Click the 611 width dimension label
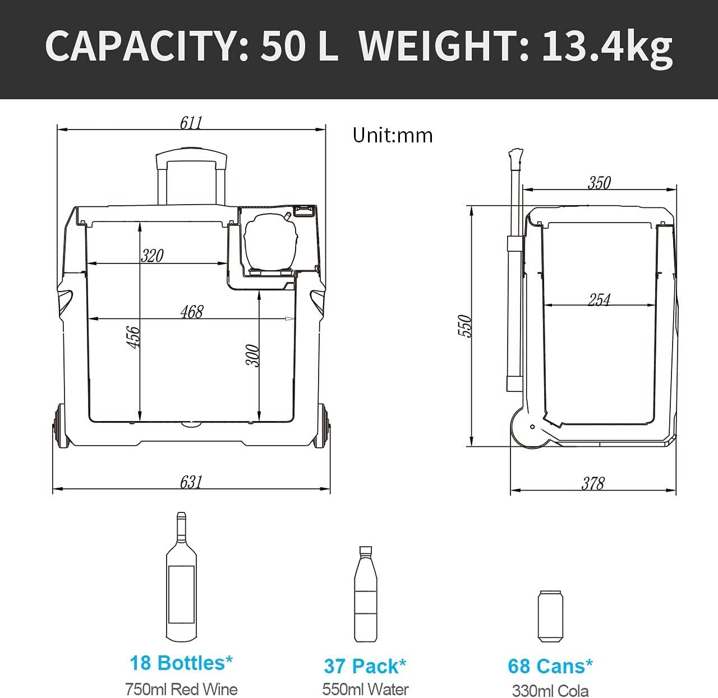(191, 122)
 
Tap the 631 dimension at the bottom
(191, 482)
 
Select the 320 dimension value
(152, 256)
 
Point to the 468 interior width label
(192, 312)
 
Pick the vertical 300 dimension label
(253, 355)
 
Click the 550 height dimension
(465, 326)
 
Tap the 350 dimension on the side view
(599, 183)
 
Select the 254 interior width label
(599, 299)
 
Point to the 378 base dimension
(593, 483)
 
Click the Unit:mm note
(393, 135)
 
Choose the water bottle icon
(365, 594)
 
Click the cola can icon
(550, 616)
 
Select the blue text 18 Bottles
(181, 663)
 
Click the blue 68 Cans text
(550, 666)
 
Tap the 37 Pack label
(365, 666)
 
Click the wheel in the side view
(530, 428)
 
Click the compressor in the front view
(270, 242)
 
